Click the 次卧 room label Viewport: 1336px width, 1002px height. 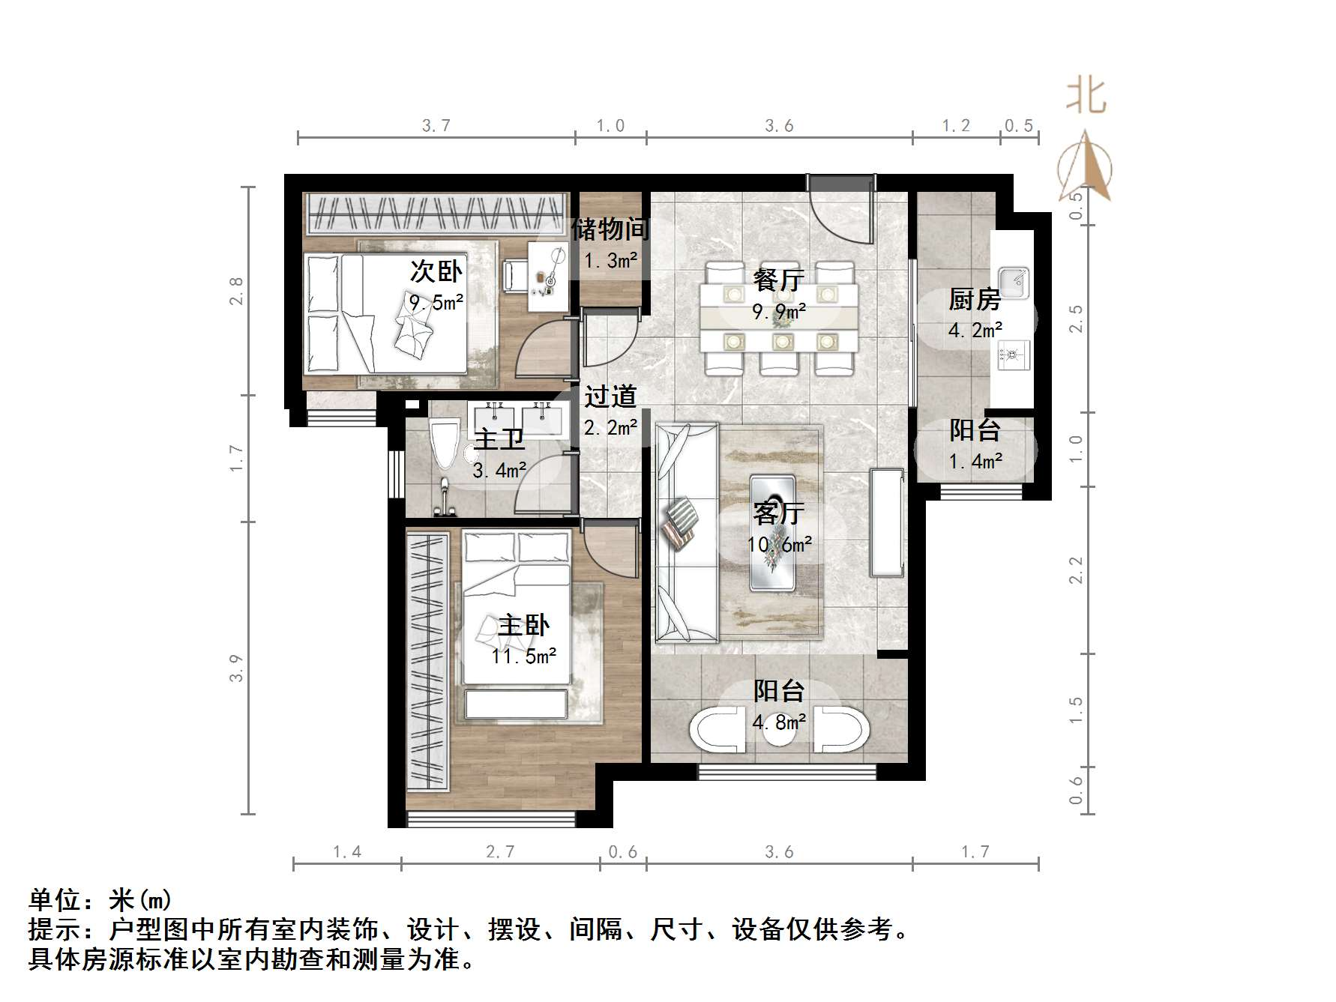(436, 271)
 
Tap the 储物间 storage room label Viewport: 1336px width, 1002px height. (610, 229)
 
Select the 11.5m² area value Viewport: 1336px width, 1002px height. (523, 657)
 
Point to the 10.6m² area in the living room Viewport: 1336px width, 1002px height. (780, 545)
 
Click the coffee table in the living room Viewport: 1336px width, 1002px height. (773, 532)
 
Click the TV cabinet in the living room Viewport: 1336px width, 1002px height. (887, 522)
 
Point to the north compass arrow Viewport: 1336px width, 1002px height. (1085, 166)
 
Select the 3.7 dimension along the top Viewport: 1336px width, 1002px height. (436, 125)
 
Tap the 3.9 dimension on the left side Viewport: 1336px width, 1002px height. (236, 668)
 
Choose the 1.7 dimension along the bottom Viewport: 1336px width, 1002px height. (975, 851)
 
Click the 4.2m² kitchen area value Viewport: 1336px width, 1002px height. (975, 331)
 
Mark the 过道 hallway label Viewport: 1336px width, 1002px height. (610, 396)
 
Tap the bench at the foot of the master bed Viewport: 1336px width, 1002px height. (516, 704)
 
